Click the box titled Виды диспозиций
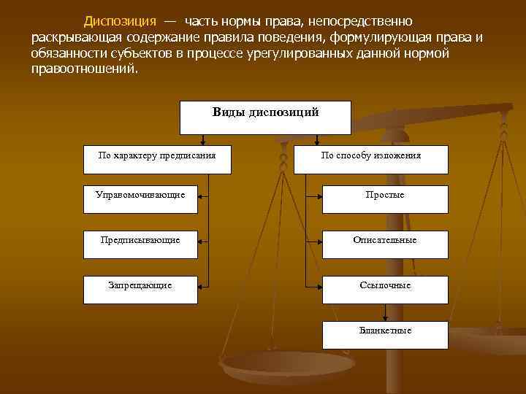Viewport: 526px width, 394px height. (265, 117)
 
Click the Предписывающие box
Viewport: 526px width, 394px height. (140, 239)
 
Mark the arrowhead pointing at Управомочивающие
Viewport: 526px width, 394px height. (201, 195)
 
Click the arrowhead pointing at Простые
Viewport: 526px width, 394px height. (319, 195)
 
